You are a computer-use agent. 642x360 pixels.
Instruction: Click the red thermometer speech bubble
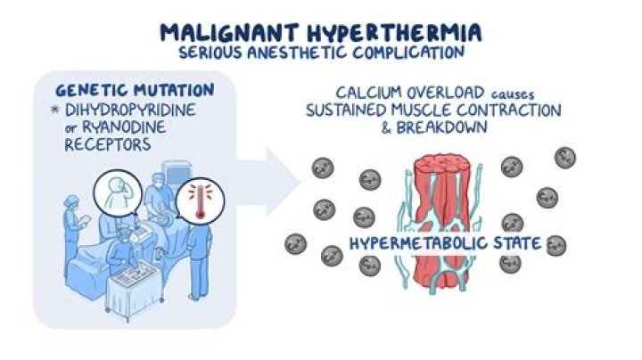198,200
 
